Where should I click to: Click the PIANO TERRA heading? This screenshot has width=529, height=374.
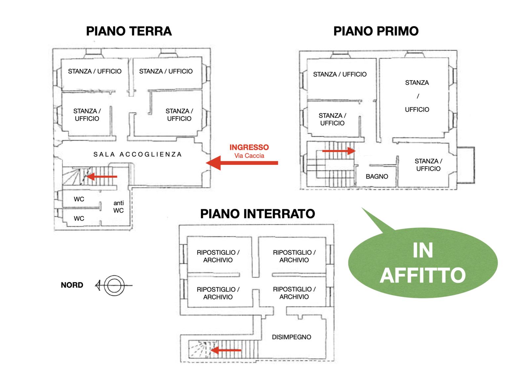point(129,31)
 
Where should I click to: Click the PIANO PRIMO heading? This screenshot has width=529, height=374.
point(376,31)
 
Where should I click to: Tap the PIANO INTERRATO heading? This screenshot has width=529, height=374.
point(258,214)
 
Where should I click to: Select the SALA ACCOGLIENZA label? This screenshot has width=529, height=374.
point(138,154)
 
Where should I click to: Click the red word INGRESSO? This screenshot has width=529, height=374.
point(249,147)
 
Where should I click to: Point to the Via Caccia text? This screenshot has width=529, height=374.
point(249,156)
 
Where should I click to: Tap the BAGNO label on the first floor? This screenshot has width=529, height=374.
point(377,176)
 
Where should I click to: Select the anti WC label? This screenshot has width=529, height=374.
point(118,207)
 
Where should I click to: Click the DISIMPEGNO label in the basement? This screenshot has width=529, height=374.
point(291,337)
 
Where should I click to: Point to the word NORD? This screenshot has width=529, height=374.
point(72,285)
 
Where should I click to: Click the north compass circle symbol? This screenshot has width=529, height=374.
point(114,285)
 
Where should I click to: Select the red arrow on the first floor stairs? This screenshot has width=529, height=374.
point(339,151)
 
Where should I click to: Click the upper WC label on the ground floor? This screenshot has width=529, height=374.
point(79,199)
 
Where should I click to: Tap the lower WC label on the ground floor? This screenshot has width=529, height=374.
point(79,218)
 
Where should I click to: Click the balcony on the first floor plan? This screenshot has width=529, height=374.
point(466,165)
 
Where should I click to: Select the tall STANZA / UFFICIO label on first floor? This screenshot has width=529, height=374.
point(417,96)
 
